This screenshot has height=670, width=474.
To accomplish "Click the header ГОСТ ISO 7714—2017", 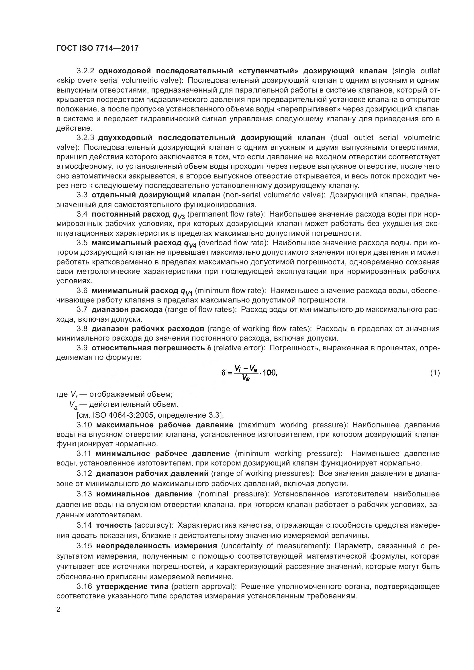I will click(97, 48).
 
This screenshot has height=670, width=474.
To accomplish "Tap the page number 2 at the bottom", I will click(58, 610).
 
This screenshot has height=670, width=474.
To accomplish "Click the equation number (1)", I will click(435, 373).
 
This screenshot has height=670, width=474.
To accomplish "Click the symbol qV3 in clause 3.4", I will click(179, 215).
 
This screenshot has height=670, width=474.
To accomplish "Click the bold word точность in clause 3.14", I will click(114, 525).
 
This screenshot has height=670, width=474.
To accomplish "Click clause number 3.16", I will click(84, 587).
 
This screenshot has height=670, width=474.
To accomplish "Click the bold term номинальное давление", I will click(144, 494).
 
